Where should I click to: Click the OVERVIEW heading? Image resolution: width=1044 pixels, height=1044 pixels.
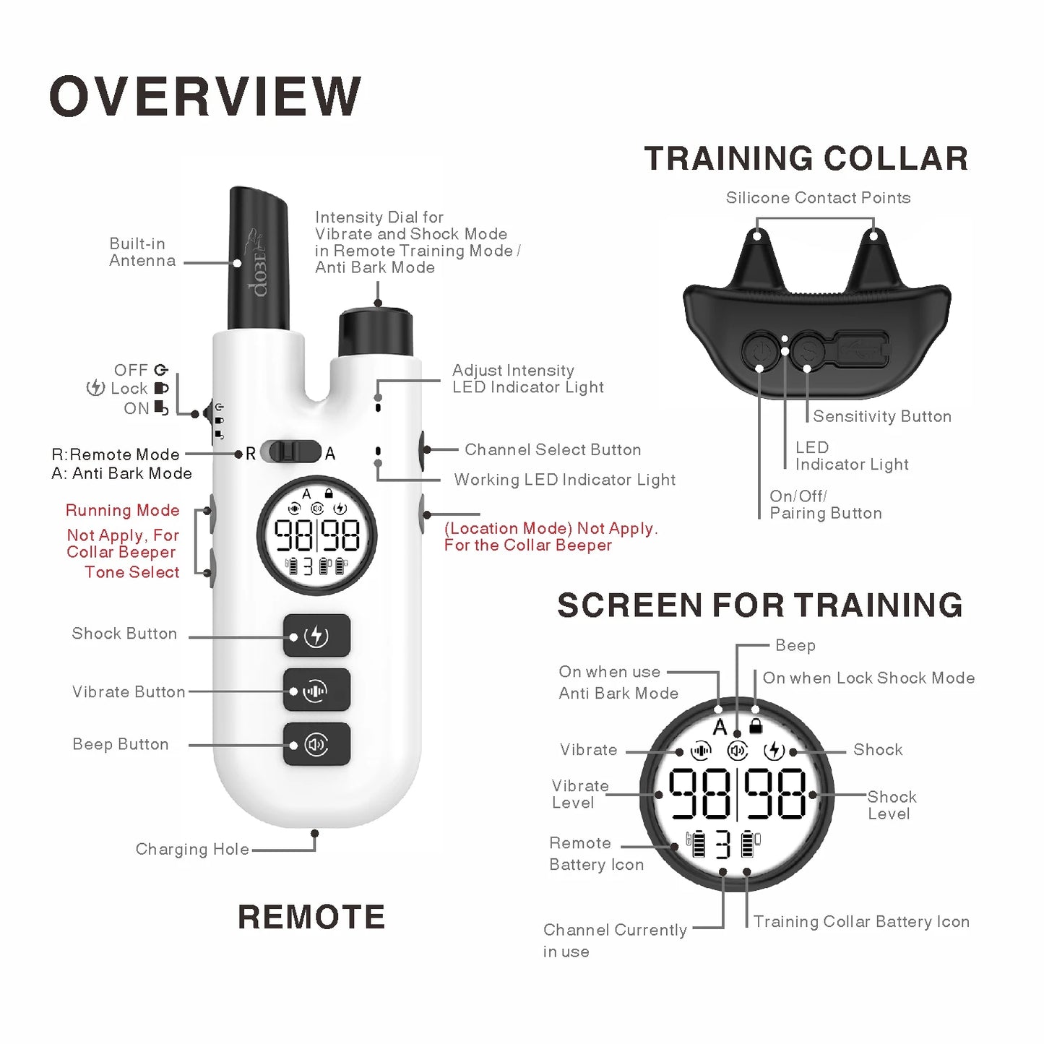[205, 96]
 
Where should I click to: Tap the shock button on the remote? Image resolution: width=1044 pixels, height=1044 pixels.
[316, 636]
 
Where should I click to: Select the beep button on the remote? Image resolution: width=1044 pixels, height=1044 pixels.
[316, 744]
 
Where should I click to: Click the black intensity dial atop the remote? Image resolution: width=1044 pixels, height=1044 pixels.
[376, 332]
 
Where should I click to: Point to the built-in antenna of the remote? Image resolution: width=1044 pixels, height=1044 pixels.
[258, 260]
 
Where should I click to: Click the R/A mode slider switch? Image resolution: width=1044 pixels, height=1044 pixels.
[290, 452]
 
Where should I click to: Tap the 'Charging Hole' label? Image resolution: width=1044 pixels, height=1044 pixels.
[192, 849]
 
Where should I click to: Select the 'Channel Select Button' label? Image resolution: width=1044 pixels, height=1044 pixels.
[553, 449]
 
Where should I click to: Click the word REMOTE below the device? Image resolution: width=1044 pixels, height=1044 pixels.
[311, 917]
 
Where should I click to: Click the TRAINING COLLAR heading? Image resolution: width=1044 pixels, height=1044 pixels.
[806, 159]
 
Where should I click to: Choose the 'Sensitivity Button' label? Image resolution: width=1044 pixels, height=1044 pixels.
[882, 416]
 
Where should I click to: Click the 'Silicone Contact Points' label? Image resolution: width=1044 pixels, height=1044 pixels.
[818, 198]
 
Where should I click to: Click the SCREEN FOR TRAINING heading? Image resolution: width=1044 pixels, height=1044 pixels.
[760, 605]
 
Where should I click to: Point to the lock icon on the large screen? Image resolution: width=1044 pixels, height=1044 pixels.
[756, 726]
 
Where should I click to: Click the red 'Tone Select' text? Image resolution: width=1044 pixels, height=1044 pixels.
[132, 572]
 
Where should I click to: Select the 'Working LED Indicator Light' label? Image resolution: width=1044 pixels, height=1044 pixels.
[565, 480]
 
